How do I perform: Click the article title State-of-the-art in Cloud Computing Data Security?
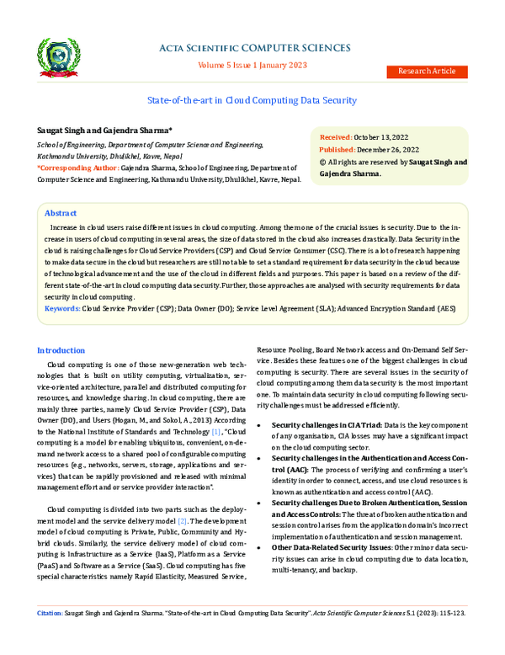tap(252, 100)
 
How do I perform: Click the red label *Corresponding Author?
tap(72, 168)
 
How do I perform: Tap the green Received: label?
tap(336, 136)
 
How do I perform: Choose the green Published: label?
tap(338, 148)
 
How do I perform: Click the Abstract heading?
tap(61, 214)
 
